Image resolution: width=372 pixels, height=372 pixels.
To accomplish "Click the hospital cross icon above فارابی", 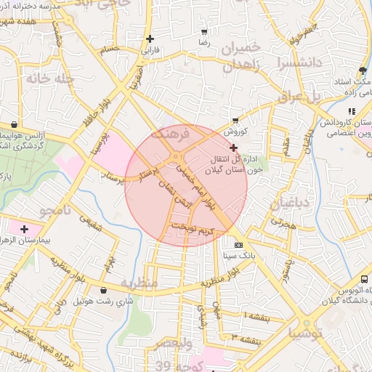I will pos(150,39).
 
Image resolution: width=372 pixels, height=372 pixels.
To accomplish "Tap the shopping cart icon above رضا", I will pos(204,33).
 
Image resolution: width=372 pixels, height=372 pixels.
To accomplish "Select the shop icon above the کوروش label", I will pos(235,121).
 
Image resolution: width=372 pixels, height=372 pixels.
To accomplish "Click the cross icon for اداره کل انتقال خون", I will pos(232,147).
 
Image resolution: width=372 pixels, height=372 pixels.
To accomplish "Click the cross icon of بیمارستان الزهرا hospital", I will pos(24,229).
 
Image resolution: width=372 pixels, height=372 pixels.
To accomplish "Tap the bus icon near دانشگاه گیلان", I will pos(363,279).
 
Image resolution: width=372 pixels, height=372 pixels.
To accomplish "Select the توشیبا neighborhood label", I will pos(310,333).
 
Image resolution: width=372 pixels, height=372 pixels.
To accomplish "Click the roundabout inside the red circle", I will pos(177,158).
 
